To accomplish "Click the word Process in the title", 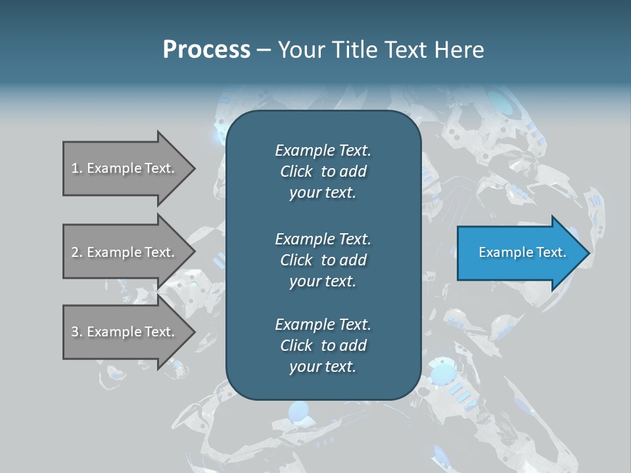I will [206, 50].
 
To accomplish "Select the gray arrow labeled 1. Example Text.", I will [124, 168].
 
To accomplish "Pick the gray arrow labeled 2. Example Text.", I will [124, 252].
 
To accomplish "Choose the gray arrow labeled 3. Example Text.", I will [124, 332].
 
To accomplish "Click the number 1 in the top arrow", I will [74, 168].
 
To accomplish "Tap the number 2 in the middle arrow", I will [75, 252].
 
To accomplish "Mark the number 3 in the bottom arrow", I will [75, 332].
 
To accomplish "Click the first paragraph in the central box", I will [323, 171].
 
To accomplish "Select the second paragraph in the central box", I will [323, 259].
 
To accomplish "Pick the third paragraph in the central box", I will [323, 346].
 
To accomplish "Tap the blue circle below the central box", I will [298, 412].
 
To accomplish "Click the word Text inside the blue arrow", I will [551, 252].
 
